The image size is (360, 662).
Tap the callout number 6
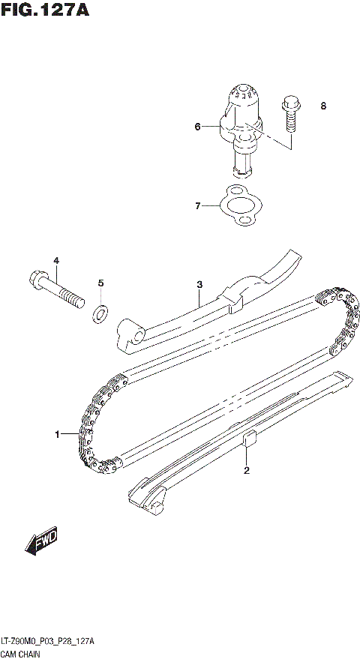click(x=198, y=127)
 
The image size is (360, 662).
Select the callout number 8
click(x=323, y=106)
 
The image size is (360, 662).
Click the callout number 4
click(x=55, y=260)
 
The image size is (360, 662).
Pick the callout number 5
click(x=101, y=283)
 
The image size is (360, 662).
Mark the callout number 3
click(x=200, y=284)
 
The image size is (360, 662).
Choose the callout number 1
click(x=56, y=434)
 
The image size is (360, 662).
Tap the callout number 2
click(x=245, y=471)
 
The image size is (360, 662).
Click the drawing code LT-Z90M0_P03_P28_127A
click(x=46, y=643)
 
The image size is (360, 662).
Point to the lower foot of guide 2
click(x=147, y=499)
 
